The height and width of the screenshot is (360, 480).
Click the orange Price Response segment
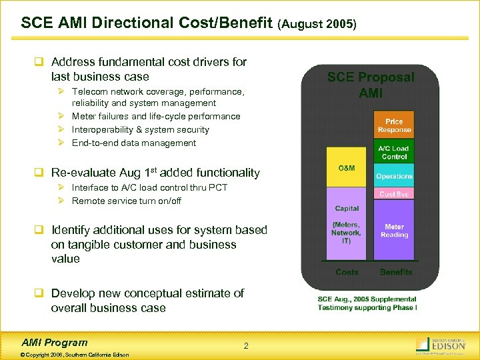tap(394, 125)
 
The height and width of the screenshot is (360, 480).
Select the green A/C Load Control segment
tap(394, 152)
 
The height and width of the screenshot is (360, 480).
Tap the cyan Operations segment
tap(394, 176)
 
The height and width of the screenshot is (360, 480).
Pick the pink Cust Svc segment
tap(394, 194)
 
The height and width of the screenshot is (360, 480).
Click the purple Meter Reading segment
tap(394, 230)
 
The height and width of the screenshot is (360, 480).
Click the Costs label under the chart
tap(347, 272)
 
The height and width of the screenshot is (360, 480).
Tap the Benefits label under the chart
tap(396, 272)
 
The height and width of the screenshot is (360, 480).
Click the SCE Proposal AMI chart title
tap(371, 85)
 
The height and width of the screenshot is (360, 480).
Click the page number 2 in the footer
tap(246, 345)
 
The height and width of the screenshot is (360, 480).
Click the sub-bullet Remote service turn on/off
tap(126, 201)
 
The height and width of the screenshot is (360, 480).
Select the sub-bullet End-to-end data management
tap(133, 143)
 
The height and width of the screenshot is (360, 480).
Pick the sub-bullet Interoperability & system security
tap(140, 129)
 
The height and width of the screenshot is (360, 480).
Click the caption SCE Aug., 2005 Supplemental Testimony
tap(367, 303)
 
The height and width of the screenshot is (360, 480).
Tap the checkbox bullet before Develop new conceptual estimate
tap(39, 293)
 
